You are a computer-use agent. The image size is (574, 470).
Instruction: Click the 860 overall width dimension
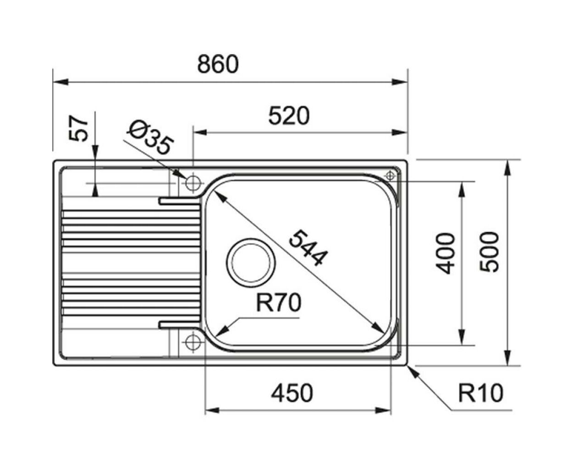point(218,64)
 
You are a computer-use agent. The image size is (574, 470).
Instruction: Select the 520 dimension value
point(289,116)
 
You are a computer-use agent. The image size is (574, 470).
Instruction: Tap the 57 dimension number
point(79,129)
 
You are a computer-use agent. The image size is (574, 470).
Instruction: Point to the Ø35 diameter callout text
point(150,137)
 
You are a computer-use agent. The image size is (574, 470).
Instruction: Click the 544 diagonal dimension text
point(308,248)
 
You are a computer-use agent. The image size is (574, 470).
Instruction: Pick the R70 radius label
point(279,303)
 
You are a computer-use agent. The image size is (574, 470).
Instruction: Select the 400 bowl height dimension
point(445,253)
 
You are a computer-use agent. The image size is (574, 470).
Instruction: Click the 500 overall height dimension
point(489,252)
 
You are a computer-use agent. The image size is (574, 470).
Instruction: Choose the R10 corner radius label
point(480,393)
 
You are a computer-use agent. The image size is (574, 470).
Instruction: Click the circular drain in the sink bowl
point(251,263)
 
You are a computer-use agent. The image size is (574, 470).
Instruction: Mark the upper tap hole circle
point(193,183)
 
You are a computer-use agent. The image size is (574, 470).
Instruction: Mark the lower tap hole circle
point(193,341)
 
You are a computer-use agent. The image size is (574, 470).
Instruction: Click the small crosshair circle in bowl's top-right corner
point(390,176)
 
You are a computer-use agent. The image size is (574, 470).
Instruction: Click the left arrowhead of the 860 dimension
point(61,82)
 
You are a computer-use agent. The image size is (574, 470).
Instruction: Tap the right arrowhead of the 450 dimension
point(383,410)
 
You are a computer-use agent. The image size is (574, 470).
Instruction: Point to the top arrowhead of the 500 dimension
point(508,168)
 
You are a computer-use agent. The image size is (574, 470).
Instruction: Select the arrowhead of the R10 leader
point(413,372)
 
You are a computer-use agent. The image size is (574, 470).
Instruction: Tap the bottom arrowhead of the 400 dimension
point(461,337)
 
